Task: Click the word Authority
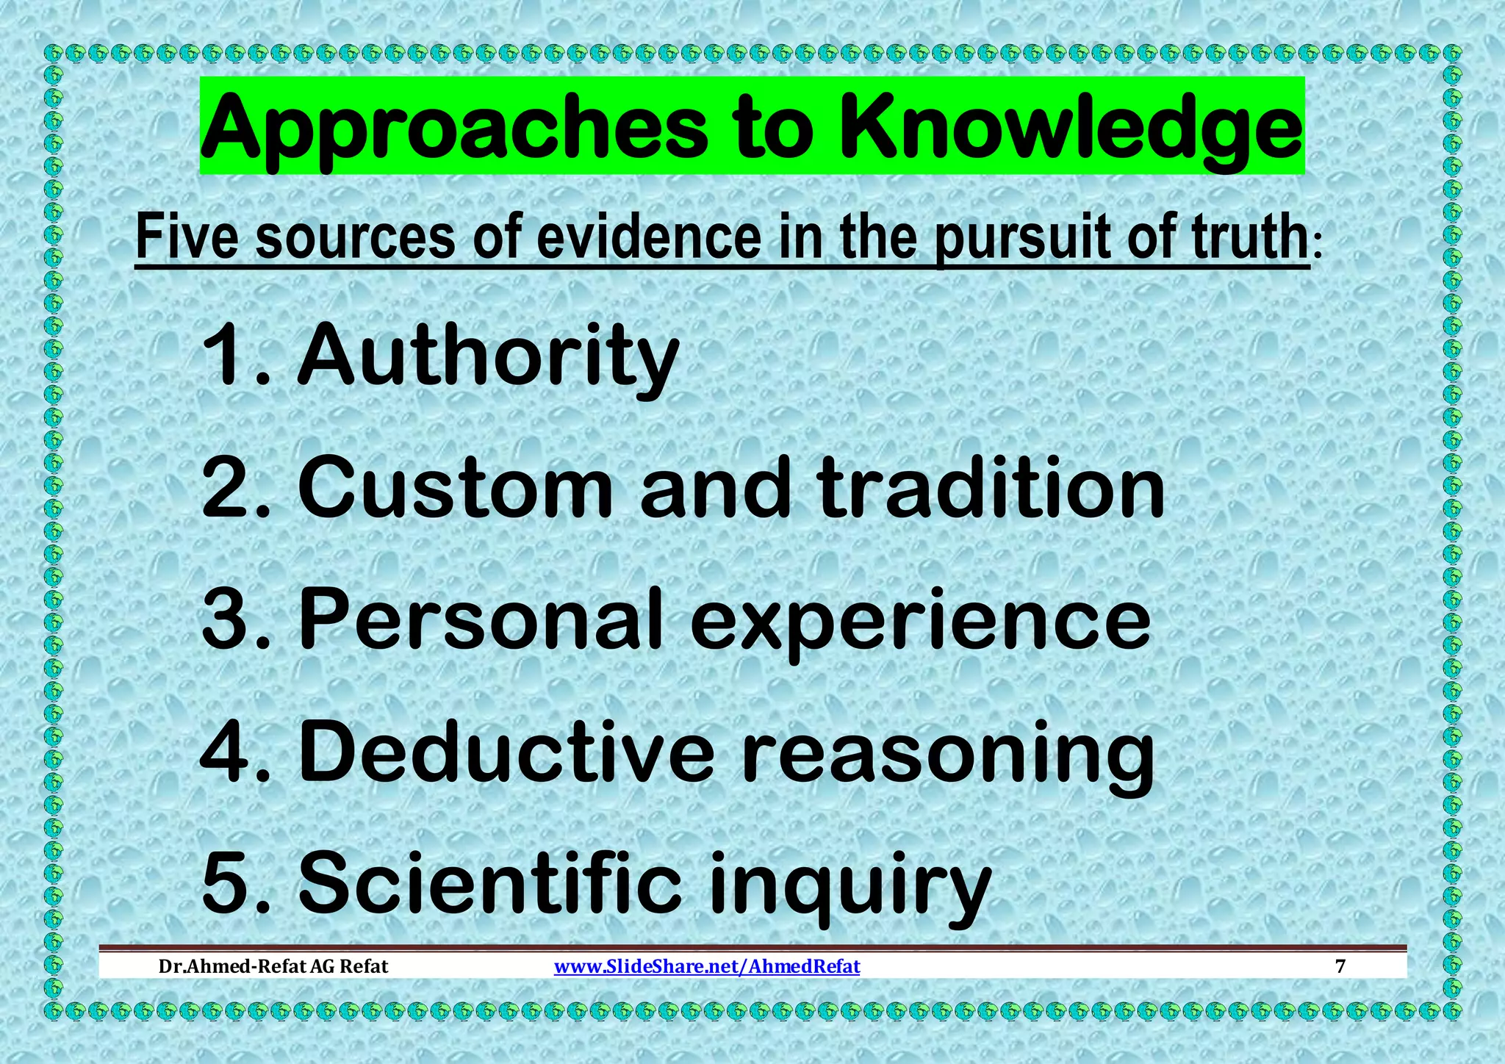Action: point(488,356)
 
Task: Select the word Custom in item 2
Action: point(456,487)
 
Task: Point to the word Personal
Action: point(482,619)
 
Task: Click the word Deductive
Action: point(507,751)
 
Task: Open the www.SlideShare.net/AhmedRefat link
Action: point(706,966)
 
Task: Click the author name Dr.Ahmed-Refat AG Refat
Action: point(273,966)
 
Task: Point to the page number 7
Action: point(1340,966)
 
